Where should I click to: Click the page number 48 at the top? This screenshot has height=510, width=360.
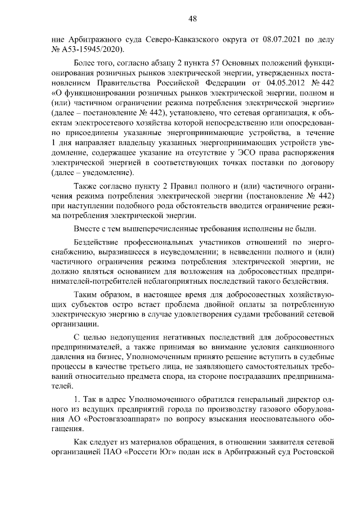pos(192,19)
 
